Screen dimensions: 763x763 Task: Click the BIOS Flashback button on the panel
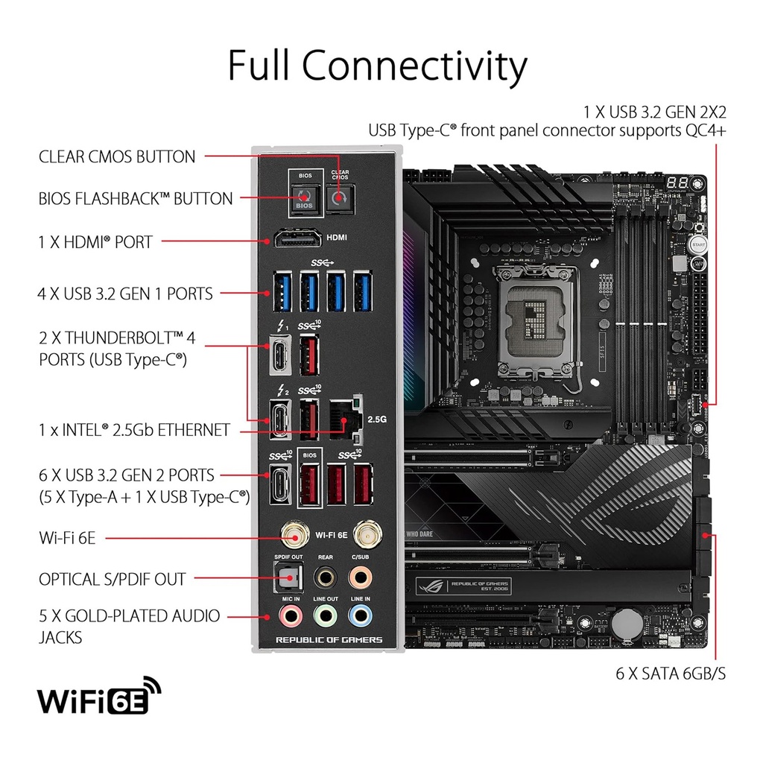pos(303,199)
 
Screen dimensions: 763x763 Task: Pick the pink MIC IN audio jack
pos(289,615)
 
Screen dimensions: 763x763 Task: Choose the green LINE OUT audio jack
pos(325,615)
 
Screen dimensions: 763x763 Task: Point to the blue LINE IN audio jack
pos(361,615)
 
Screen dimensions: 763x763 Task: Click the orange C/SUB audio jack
pos(361,577)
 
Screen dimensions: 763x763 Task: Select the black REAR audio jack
pos(325,577)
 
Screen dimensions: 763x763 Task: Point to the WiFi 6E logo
pos(99,698)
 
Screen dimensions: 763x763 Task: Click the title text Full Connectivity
pos(377,66)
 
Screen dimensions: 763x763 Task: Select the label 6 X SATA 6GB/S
pos(671,674)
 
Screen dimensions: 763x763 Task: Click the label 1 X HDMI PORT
pos(95,241)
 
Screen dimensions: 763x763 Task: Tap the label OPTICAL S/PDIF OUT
pos(113,579)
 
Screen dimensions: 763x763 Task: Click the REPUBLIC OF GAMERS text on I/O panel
pos(329,640)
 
